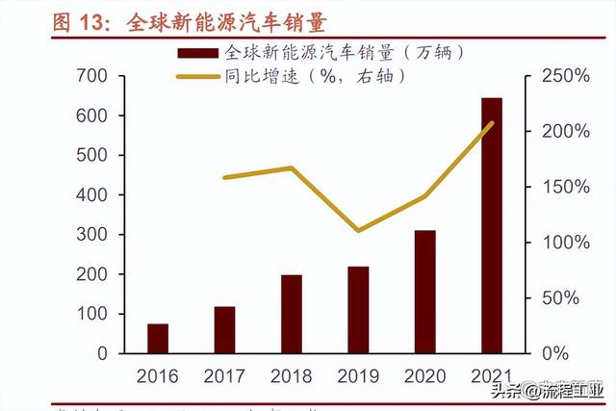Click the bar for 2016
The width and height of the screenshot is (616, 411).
coord(158,338)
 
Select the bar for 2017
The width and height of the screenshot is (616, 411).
coord(224,329)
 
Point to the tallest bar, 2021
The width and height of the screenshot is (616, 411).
coord(492,225)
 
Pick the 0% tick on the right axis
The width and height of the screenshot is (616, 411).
coord(562,353)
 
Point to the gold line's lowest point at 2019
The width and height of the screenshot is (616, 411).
coord(358,231)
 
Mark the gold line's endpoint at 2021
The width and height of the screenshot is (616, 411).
coord(492,123)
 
